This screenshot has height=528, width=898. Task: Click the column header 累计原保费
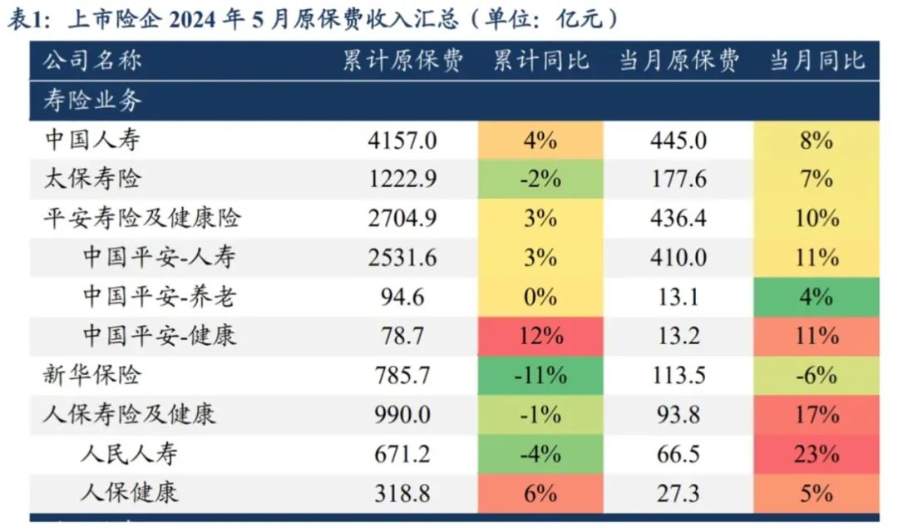click(403, 61)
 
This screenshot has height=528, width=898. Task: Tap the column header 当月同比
click(817, 61)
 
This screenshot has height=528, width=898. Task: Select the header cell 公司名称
click(93, 61)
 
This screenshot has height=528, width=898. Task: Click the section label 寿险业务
click(93, 101)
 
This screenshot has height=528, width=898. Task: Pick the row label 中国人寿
click(93, 140)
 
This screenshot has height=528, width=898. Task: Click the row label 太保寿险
click(93, 179)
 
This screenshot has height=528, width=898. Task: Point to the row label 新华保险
click(93, 375)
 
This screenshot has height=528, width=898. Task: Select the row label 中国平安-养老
click(159, 297)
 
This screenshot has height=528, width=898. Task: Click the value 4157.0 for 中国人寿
click(402, 141)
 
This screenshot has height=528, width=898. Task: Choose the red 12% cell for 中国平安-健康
click(540, 336)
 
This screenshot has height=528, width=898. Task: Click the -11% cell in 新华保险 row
click(540, 375)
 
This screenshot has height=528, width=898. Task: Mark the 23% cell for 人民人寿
click(817, 454)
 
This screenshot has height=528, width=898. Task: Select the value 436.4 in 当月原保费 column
click(678, 219)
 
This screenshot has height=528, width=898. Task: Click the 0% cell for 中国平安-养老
click(540, 297)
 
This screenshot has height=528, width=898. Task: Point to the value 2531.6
click(402, 258)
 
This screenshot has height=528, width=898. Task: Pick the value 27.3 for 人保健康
click(678, 493)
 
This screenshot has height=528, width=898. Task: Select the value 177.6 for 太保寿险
click(678, 180)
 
